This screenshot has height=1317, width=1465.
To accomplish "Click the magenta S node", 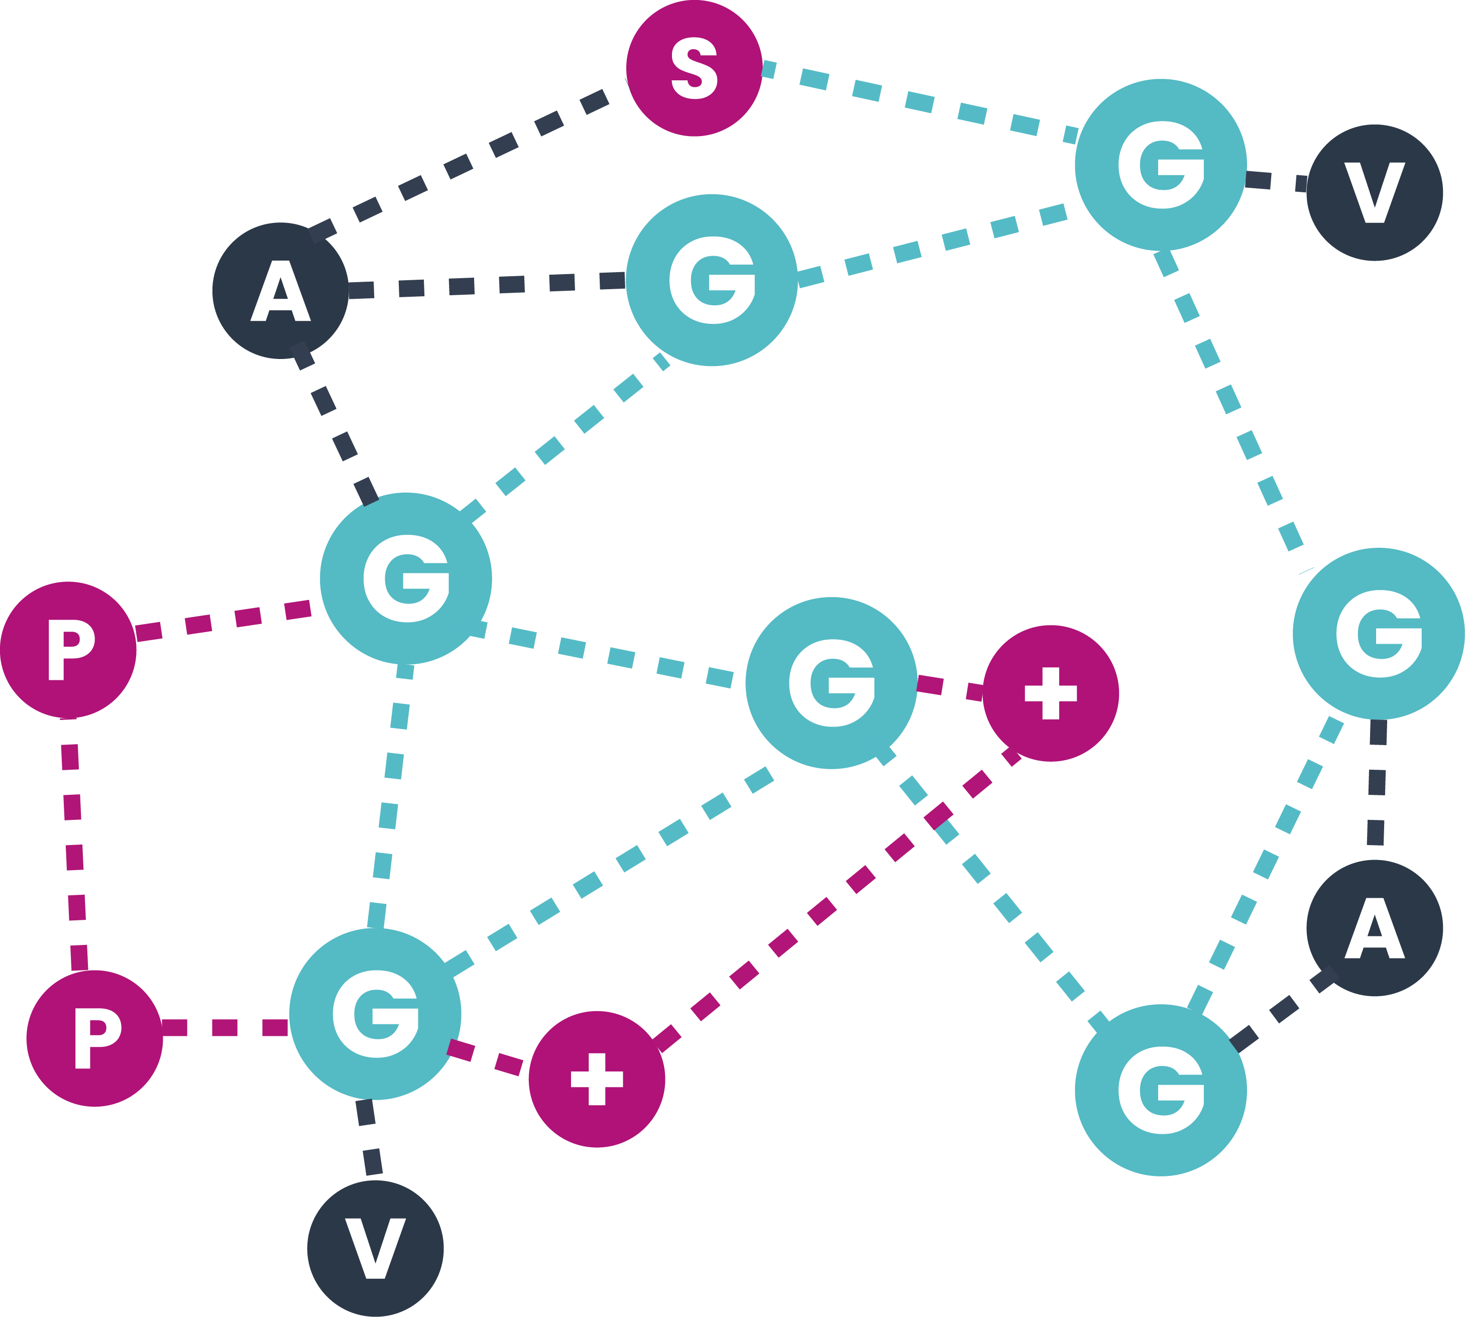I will coord(694,68).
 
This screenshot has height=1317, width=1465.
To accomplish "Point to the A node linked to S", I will coord(280,290).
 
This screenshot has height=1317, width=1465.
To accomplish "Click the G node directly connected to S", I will coord(1160,165).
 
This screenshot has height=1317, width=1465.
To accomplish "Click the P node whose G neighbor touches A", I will coord(68,649).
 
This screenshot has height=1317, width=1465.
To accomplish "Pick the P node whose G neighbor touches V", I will coord(94,1038).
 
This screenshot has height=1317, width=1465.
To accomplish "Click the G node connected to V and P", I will coord(375,1013).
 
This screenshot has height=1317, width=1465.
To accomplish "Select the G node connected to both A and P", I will coord(405,578).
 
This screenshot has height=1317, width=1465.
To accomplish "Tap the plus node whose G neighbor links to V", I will coord(597,1078).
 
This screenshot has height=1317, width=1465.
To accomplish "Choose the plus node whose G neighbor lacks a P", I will coord(1050,692).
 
